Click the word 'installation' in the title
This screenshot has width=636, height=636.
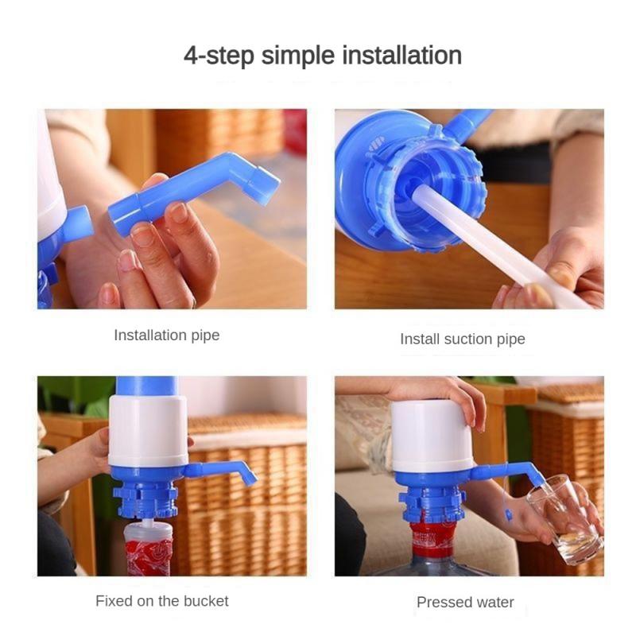coord(401,56)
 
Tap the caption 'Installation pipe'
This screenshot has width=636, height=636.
coord(166,335)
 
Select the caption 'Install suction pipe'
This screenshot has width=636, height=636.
coord(462,339)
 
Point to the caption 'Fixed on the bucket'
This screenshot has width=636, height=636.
coord(161,600)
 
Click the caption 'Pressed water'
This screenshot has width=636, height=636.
coord(465,602)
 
